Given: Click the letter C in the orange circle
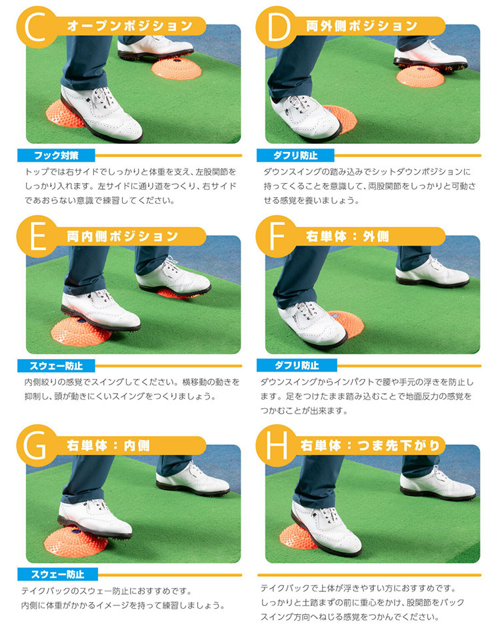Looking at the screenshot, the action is (37, 27).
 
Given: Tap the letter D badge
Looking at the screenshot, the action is (276, 27).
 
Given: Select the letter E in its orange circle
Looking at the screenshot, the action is (37, 236).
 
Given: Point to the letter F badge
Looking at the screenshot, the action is (276, 236).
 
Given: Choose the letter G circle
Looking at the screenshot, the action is (37, 446).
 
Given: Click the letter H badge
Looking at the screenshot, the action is (276, 446).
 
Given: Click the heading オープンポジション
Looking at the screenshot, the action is (129, 26).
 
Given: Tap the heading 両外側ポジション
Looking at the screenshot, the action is (362, 26).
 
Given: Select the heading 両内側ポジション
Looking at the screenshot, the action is (123, 236).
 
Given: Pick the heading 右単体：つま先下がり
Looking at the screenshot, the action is (371, 446).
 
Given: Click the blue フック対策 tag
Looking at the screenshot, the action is (56, 156).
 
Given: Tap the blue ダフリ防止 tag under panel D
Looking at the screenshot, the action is (295, 156).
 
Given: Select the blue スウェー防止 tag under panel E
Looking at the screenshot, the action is (56, 366).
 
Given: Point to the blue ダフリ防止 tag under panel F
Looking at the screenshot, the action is (297, 365).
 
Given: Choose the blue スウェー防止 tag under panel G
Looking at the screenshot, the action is (57, 574).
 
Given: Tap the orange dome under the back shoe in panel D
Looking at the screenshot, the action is (420, 77).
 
